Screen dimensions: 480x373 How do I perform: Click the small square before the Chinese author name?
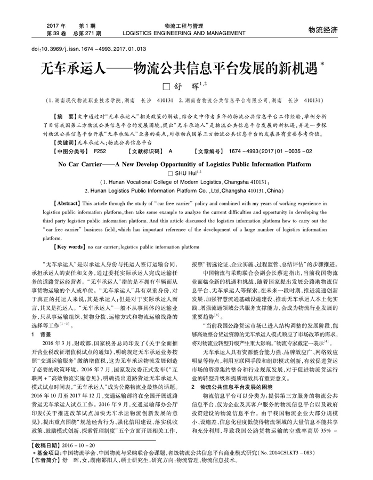(x=165, y=86)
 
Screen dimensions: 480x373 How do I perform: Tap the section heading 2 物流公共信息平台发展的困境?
(x=232, y=371)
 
